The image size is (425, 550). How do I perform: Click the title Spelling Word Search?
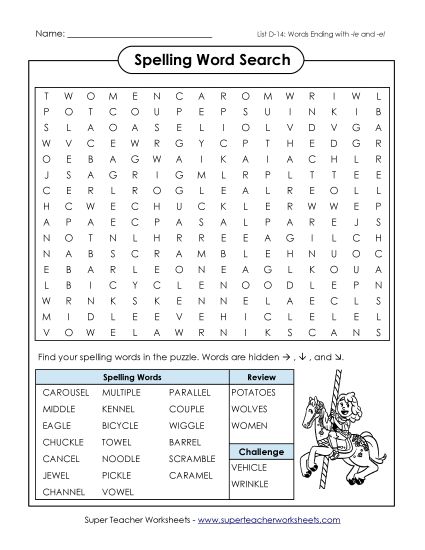(211, 61)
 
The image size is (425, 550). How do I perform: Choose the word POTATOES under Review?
(253, 393)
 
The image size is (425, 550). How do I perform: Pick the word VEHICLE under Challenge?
(249, 466)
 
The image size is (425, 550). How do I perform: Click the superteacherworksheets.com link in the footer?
(269, 520)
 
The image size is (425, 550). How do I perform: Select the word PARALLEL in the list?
(190, 393)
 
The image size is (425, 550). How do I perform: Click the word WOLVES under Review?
(248, 408)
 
